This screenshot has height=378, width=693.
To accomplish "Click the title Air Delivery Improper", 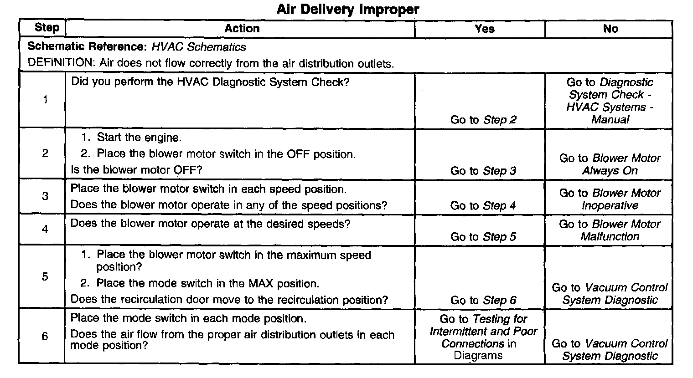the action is pos(347,10).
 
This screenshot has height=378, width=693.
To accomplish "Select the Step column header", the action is pos(47,28).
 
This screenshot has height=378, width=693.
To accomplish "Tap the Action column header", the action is pos(242,28).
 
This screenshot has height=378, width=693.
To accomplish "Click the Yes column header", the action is pos(484,29).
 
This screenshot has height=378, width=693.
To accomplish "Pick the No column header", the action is pos(610,29).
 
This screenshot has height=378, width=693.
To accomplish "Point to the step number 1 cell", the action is pos(45,100).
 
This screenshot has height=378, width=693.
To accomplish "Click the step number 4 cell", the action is pos(45,229).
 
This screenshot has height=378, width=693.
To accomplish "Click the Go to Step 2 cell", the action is pos(483,120).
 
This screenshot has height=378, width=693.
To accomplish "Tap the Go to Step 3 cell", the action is pos(483,171).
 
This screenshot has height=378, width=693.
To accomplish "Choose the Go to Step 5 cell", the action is pos(483,237).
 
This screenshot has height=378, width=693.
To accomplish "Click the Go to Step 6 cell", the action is pos(483,300).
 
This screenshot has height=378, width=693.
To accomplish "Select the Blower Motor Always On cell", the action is pos(610,164).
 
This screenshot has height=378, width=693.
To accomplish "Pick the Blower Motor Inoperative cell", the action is pos(610,199).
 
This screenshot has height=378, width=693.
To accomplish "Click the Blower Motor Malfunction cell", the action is pos(610,230).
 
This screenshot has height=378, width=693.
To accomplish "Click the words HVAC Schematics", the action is pos(199,47).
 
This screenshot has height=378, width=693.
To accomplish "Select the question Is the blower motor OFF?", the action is pos(136,170).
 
